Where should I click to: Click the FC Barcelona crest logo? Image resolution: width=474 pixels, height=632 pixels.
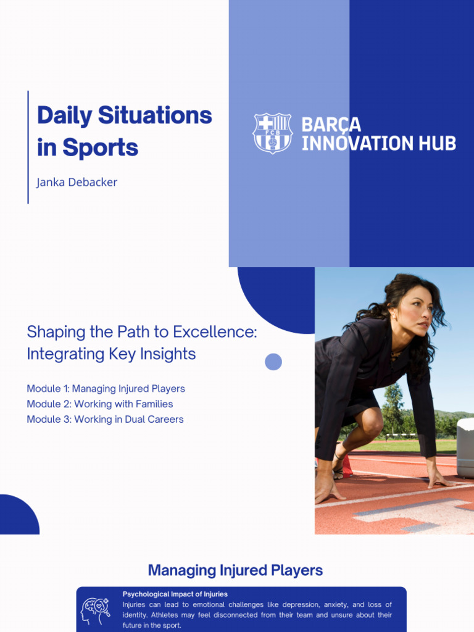(x=272, y=133)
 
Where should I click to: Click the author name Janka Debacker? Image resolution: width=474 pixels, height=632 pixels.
(x=77, y=182)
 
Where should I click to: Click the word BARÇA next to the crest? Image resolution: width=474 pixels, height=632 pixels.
(x=331, y=125)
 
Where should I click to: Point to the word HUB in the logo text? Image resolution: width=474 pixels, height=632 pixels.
(x=436, y=143)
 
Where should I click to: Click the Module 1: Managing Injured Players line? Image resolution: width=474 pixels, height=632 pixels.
(x=106, y=389)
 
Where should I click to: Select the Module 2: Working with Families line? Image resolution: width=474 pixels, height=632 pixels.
(x=99, y=404)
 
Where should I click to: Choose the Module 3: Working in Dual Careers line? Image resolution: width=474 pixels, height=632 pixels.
(x=105, y=420)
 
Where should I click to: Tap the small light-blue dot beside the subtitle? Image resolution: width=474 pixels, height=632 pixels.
(x=273, y=362)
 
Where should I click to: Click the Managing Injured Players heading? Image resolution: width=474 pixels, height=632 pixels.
(x=235, y=570)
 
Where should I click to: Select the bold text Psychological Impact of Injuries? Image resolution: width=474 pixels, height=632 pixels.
(x=175, y=594)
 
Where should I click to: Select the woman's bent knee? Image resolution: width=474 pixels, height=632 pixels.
(x=372, y=423)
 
